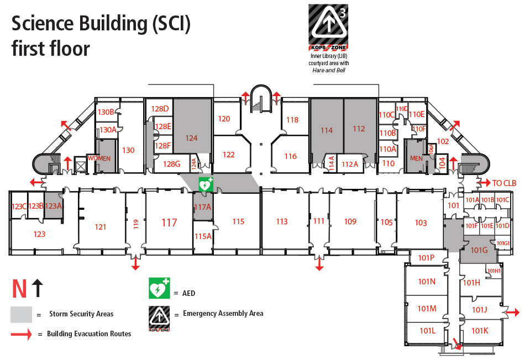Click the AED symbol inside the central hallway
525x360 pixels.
206,184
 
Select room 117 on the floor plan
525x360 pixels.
169,223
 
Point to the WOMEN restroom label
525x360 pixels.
99,158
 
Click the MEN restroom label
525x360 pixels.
416,158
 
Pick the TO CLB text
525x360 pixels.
504,183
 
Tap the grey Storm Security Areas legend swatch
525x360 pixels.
21,314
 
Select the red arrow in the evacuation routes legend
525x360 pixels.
22,333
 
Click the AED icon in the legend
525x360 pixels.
159,288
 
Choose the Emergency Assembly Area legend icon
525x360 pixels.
159,317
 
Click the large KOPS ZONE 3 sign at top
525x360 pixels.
328,24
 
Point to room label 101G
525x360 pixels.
479,250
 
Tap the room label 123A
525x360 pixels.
53,206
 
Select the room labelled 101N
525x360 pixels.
427,282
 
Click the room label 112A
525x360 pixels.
350,164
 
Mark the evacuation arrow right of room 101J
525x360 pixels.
512,312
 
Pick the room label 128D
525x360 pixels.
160,108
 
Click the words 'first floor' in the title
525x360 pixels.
50,49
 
